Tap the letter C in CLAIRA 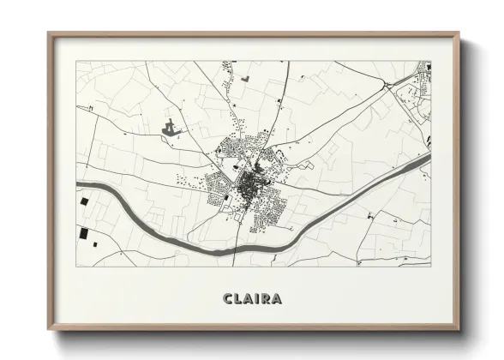tap(228, 299)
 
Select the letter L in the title tap(239, 299)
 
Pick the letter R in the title tap(268, 299)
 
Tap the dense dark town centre tap(251, 183)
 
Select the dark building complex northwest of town tap(171, 129)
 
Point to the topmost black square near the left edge tap(84, 201)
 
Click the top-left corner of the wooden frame tap(50, 35)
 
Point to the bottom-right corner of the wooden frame tap(459, 328)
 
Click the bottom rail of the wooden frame tap(254, 327)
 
